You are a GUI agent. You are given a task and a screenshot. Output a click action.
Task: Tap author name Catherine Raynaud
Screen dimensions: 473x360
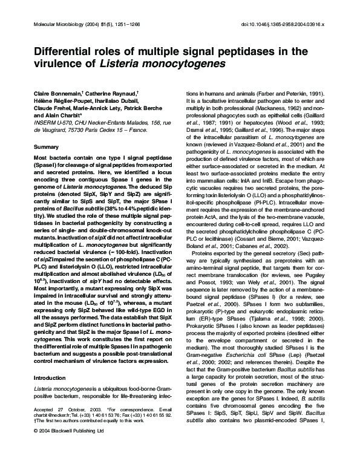[109, 93]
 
